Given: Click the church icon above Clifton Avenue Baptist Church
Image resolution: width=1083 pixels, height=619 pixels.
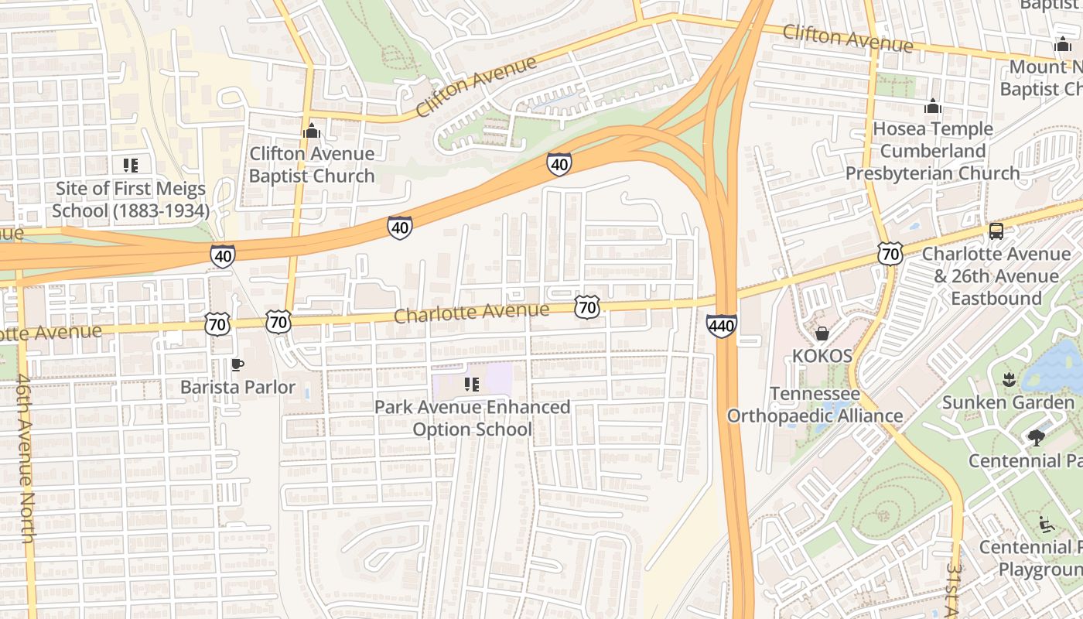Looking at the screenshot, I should pyautogui.click(x=312, y=131).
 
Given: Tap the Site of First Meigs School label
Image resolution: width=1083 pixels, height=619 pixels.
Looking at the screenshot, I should pyautogui.click(x=131, y=200).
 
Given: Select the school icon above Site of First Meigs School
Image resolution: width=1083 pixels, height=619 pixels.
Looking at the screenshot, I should pyautogui.click(x=130, y=165).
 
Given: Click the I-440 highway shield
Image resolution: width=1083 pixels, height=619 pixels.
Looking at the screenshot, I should pyautogui.click(x=721, y=326).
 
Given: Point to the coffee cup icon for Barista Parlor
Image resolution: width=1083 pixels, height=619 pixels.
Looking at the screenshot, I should pyautogui.click(x=237, y=364).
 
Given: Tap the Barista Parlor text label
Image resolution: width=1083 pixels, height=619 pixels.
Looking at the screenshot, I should pyautogui.click(x=237, y=387).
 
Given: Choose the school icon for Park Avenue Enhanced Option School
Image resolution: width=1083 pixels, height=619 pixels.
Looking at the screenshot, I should pyautogui.click(x=472, y=385).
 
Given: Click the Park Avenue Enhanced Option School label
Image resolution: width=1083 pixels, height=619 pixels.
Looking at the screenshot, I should pyautogui.click(x=472, y=418).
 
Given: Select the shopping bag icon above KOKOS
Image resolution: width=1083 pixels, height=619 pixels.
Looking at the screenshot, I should pyautogui.click(x=822, y=333).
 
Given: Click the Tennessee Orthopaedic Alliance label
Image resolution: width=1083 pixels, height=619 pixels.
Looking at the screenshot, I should pyautogui.click(x=815, y=405).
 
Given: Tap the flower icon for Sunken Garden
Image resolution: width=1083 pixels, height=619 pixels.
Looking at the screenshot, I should pyautogui.click(x=1008, y=380).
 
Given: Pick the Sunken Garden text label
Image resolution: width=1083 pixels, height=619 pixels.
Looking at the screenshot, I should pyautogui.click(x=1008, y=402).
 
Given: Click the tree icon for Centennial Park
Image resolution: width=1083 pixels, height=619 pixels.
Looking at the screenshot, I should pyautogui.click(x=1036, y=439).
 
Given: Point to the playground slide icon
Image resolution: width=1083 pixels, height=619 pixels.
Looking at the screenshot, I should pyautogui.click(x=1047, y=525).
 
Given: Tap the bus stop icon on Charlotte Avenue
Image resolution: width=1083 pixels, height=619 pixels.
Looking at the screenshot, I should pyautogui.click(x=996, y=231).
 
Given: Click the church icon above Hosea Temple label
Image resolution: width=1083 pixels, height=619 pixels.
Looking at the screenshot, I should pyautogui.click(x=933, y=106).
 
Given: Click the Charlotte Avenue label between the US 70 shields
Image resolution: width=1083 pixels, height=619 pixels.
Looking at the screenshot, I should pyautogui.click(x=471, y=313).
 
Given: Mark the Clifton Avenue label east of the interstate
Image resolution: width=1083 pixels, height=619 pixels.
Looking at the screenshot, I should pyautogui.click(x=847, y=38).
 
